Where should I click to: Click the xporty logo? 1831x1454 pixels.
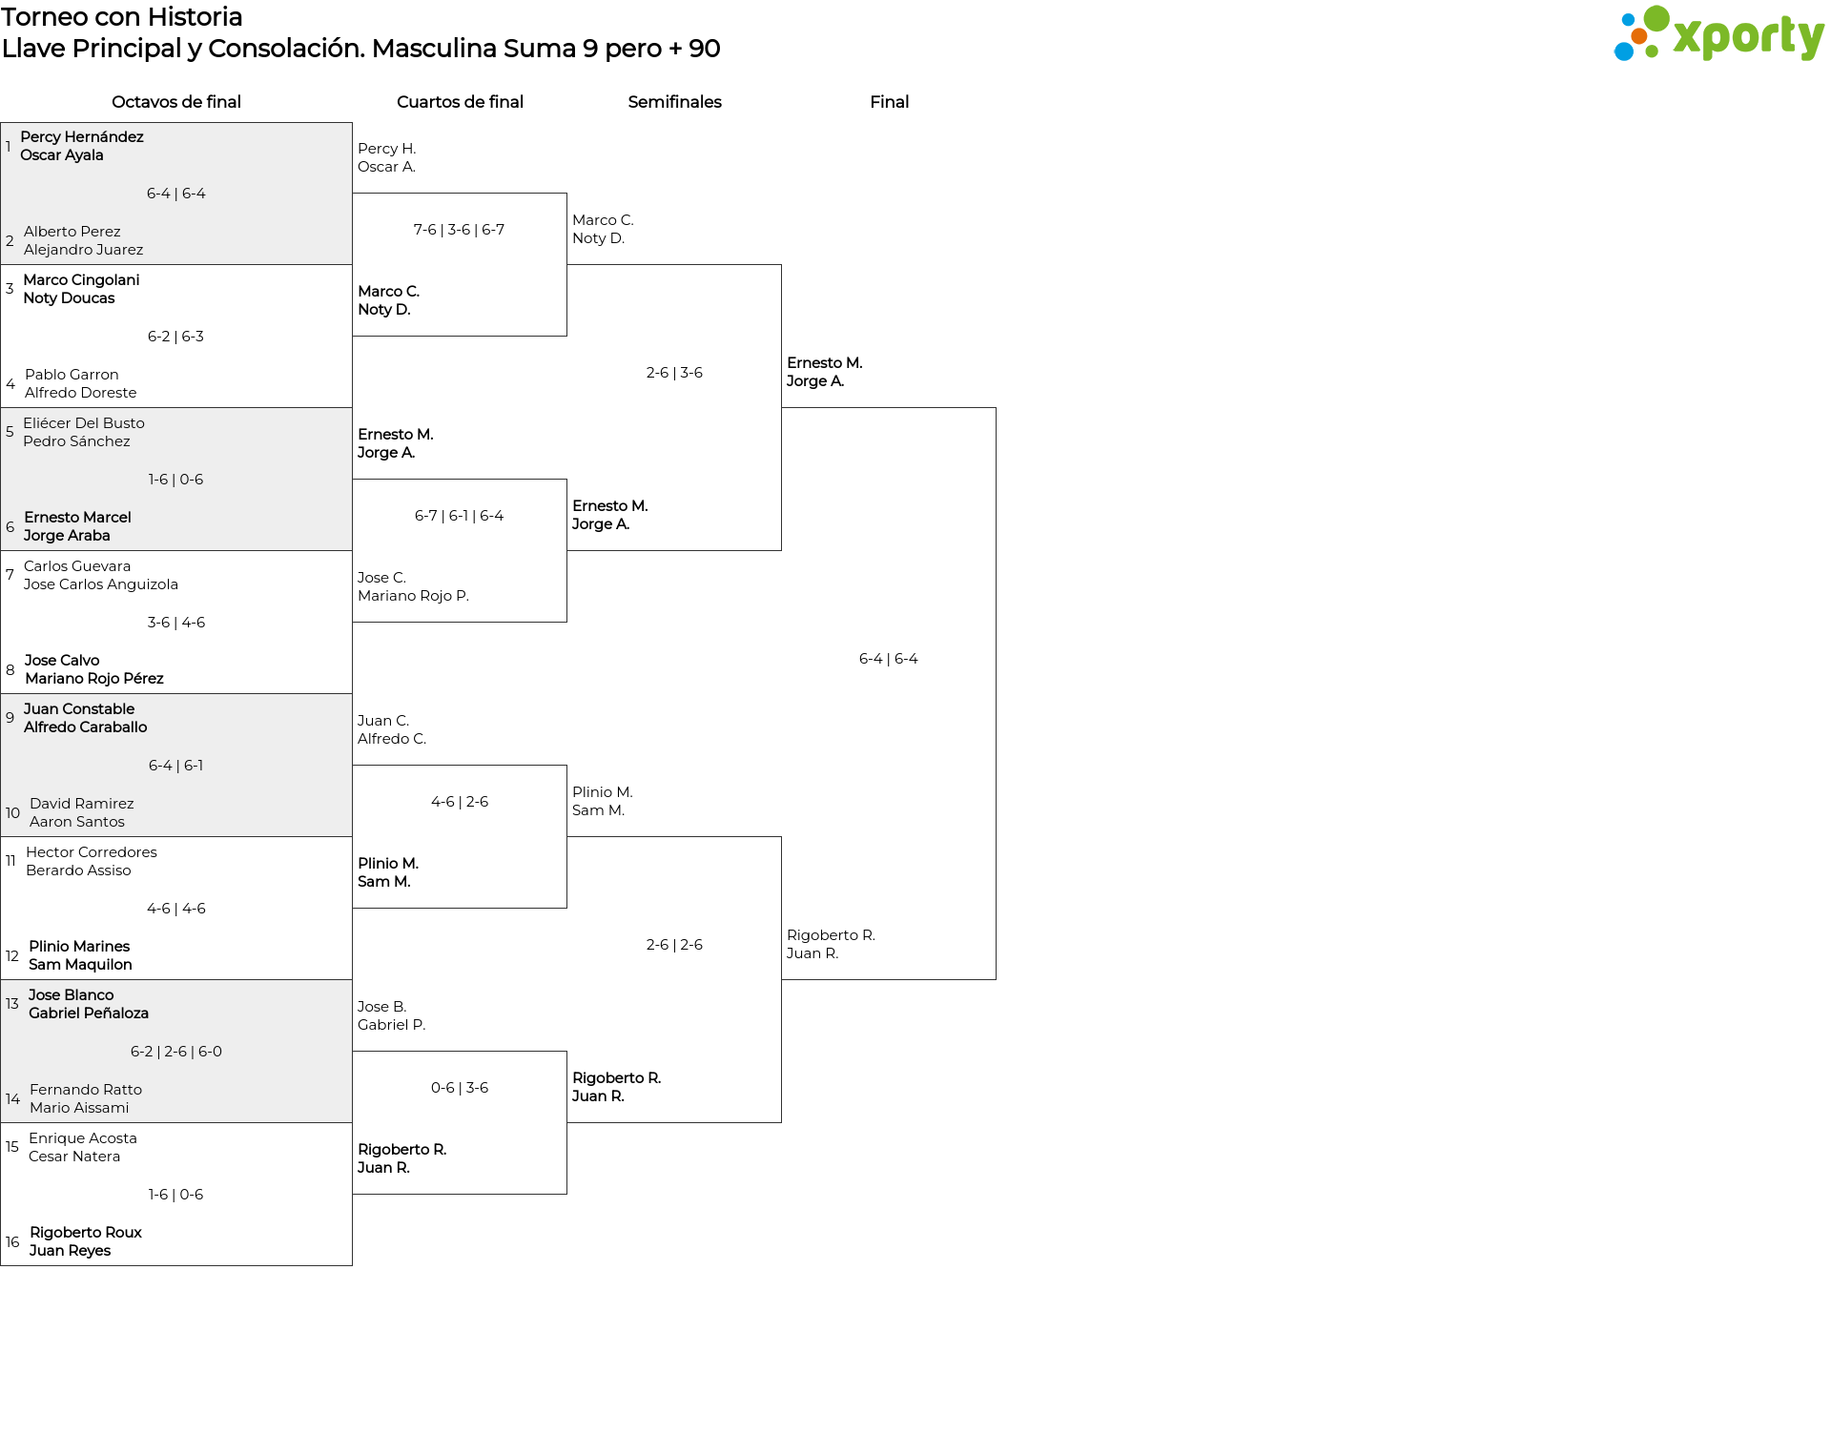tap(1718, 33)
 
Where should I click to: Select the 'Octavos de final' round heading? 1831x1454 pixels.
tap(176, 102)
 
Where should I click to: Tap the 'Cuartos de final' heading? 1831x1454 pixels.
tap(460, 102)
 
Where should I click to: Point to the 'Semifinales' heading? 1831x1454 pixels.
tap(674, 102)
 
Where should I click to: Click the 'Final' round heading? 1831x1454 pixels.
tap(889, 102)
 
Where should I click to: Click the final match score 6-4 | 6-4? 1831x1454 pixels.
tap(889, 659)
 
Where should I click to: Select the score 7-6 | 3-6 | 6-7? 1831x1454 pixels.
tap(459, 230)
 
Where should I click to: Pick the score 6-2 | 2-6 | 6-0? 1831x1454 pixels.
tap(176, 1052)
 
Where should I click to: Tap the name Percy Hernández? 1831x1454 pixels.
tap(82, 137)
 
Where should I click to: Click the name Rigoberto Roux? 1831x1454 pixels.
tap(86, 1233)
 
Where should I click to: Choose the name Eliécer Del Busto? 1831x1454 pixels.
tap(84, 423)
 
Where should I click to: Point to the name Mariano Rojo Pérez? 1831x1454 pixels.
tap(94, 679)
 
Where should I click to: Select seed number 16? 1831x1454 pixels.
tap(12, 1242)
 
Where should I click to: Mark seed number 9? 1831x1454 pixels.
tap(10, 718)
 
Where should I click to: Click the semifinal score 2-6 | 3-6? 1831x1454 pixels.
tap(674, 373)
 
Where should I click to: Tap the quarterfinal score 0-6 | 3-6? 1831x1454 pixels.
tap(460, 1088)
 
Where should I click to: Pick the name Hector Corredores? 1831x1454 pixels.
tap(92, 852)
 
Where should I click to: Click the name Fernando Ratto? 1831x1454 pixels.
tap(86, 1090)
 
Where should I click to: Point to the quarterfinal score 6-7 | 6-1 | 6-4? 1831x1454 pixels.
tap(459, 516)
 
